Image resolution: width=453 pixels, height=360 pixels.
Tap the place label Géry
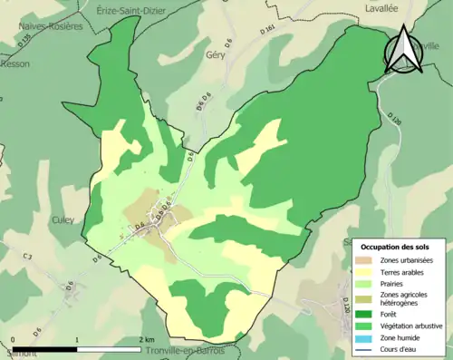click(216, 54)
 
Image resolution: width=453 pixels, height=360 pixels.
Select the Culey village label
click(63, 219)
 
